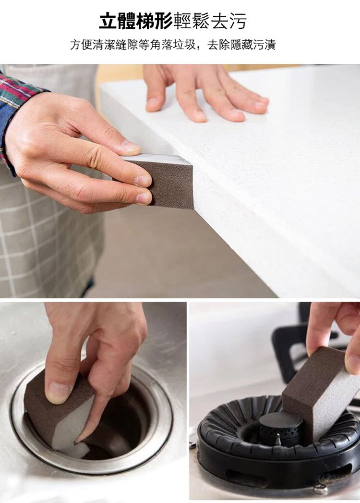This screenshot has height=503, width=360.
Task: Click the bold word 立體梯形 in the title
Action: [136, 21]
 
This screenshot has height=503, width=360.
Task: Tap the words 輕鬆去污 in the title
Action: [210, 21]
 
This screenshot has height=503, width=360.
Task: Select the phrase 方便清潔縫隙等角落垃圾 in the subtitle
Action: [132, 45]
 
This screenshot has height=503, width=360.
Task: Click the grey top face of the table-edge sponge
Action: [157, 159]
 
